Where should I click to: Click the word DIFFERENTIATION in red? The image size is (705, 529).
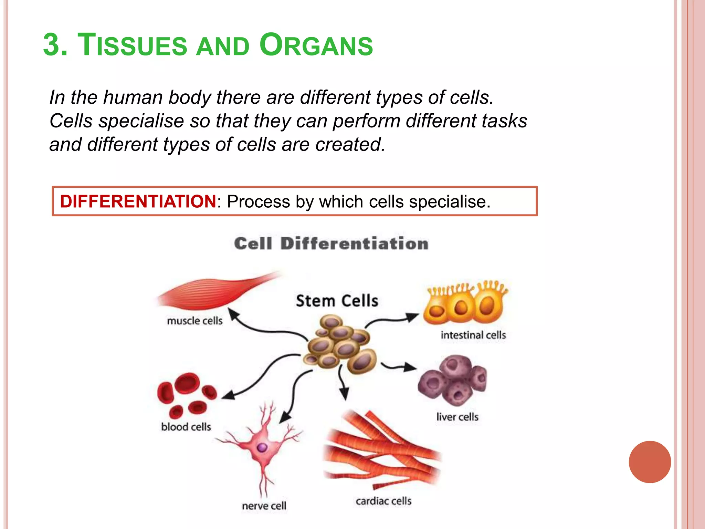[138, 201]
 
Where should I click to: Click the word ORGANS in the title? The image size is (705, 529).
[316, 45]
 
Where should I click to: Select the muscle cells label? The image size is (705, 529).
[194, 321]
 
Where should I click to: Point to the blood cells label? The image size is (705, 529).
[186, 427]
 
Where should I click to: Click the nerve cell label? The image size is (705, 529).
[264, 506]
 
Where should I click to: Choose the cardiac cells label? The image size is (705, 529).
[383, 501]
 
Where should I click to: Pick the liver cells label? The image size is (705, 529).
[457, 417]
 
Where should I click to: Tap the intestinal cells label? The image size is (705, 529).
[473, 335]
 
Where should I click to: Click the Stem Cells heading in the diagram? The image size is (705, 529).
[337, 301]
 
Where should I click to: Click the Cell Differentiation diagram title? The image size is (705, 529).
[331, 244]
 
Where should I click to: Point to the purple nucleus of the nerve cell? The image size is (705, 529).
[262, 448]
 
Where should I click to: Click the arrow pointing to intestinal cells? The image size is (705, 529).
[392, 319]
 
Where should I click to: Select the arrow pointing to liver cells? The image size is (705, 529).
[399, 367]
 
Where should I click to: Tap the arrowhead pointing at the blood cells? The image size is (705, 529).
[228, 395]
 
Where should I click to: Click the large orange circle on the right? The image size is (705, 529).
[650, 462]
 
